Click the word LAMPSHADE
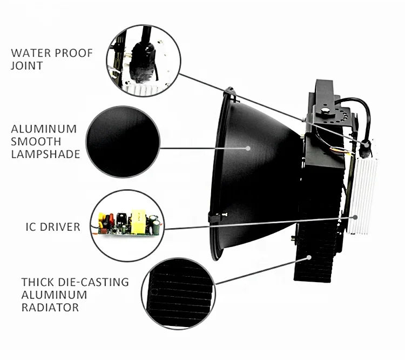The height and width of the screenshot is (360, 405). [x=45, y=154]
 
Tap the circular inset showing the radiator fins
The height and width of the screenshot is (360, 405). [x=178, y=294]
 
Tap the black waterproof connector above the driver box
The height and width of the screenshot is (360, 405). [x=366, y=145]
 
